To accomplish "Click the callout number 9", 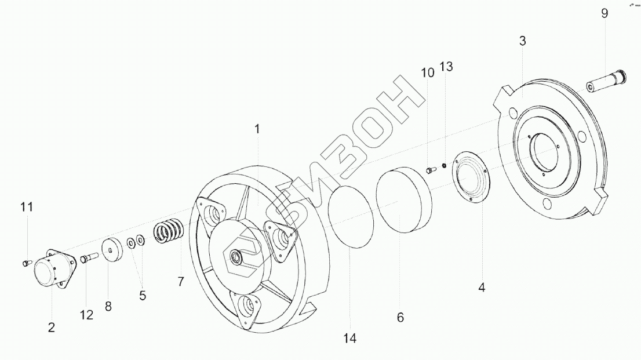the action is [604, 13].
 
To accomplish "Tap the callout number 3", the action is [522, 41].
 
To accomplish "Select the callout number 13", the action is [446, 66].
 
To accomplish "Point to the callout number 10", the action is [428, 73].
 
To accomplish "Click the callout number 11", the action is [27, 207].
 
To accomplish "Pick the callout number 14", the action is [350, 339].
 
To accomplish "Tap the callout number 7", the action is [181, 282].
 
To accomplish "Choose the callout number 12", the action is [87, 315].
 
